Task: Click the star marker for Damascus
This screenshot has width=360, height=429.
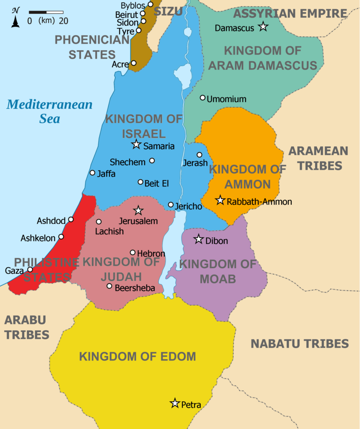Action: (x=263, y=27)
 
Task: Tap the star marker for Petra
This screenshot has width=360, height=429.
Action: (x=175, y=403)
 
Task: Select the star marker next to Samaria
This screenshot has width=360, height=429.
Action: (x=136, y=145)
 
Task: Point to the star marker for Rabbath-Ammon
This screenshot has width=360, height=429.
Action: (x=220, y=200)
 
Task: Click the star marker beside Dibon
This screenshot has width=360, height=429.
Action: (x=199, y=239)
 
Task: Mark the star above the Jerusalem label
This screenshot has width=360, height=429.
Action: (x=138, y=210)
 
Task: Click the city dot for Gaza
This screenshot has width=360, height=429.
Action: (x=30, y=269)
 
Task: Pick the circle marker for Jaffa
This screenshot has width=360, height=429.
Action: (x=93, y=173)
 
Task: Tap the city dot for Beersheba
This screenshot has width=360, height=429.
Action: (x=109, y=286)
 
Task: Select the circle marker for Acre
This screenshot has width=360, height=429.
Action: (x=134, y=63)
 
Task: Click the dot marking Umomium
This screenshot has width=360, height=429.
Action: (x=203, y=98)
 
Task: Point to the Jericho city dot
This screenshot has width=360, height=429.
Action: (x=171, y=205)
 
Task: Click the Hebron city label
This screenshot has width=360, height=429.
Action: (x=151, y=254)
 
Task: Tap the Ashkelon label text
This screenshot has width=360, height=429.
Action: (x=38, y=238)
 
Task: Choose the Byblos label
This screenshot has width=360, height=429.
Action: (x=133, y=5)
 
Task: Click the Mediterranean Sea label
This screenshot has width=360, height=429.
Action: (x=49, y=111)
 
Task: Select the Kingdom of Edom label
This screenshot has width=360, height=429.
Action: (x=137, y=357)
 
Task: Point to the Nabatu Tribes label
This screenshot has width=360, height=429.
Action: (x=300, y=344)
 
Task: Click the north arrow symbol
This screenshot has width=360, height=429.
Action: (x=16, y=18)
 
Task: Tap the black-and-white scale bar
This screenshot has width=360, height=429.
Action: (x=46, y=12)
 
